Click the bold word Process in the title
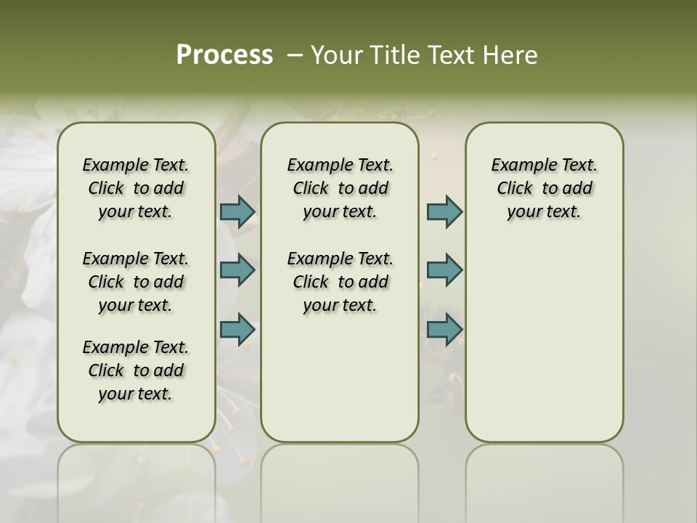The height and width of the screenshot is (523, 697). click(224, 55)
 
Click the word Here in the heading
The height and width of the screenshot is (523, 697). click(512, 55)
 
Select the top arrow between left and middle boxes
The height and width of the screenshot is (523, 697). click(237, 211)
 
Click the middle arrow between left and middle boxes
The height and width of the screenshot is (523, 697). click(237, 270)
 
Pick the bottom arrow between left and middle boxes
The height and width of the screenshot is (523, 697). click(237, 329)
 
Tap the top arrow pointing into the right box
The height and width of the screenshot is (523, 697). click(444, 211)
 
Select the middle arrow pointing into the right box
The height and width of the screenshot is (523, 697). click(444, 270)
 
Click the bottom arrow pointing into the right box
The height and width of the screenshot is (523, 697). click(444, 329)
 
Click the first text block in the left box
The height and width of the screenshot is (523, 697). click(136, 188)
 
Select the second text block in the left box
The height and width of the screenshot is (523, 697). click(136, 282)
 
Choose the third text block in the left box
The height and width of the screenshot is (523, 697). click(136, 370)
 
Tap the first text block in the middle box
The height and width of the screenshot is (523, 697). click(340, 188)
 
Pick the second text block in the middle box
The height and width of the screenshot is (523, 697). click(340, 282)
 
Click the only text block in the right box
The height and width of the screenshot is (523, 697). click(544, 188)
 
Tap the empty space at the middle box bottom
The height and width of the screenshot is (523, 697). click(340, 385)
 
